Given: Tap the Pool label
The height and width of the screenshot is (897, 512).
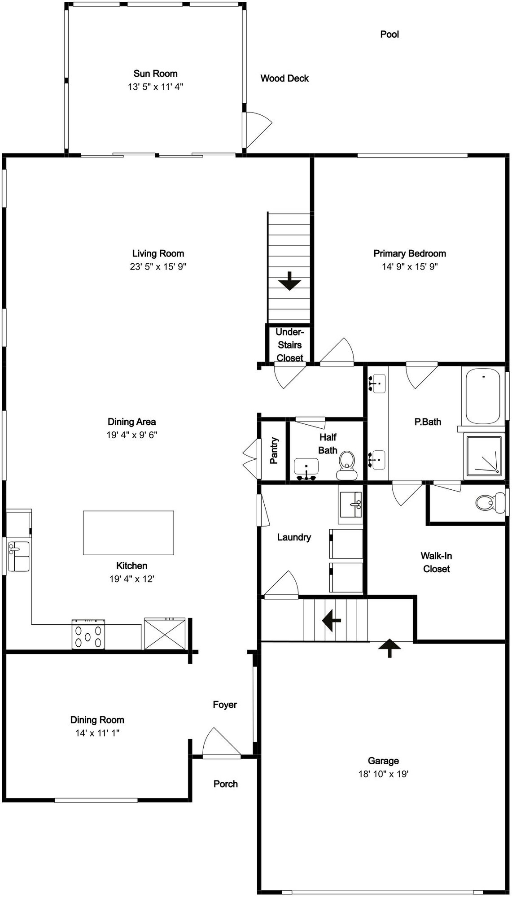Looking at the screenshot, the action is click(x=389, y=34).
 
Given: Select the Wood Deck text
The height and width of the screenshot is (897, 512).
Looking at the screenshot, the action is click(x=284, y=78).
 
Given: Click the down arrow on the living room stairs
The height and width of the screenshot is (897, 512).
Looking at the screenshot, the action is click(x=289, y=281).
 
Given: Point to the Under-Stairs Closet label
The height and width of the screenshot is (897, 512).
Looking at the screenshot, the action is click(x=290, y=345).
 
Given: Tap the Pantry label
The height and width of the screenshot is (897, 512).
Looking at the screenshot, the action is click(x=274, y=450).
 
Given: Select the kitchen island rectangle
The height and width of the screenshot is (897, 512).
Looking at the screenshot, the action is click(x=128, y=533).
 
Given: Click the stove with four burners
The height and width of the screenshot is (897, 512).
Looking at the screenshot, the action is click(x=88, y=634).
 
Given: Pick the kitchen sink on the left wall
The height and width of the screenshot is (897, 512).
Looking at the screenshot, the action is click(x=18, y=556).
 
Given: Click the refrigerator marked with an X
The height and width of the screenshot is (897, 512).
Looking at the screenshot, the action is click(x=165, y=634).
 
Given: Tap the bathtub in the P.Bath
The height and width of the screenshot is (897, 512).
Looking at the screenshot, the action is click(x=483, y=396).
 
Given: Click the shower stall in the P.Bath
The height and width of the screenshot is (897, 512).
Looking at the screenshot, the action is click(x=484, y=456).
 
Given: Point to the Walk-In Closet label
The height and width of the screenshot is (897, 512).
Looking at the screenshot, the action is click(x=436, y=562).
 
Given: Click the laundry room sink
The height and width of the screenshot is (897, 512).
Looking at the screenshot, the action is click(x=351, y=504).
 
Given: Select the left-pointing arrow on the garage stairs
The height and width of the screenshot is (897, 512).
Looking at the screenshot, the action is click(x=332, y=621).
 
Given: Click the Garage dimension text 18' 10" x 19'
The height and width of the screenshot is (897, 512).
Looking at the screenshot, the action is click(x=383, y=774).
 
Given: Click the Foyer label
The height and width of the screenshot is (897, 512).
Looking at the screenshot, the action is click(x=225, y=705).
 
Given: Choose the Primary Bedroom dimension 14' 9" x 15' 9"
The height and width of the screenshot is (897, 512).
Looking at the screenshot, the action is click(x=410, y=266).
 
